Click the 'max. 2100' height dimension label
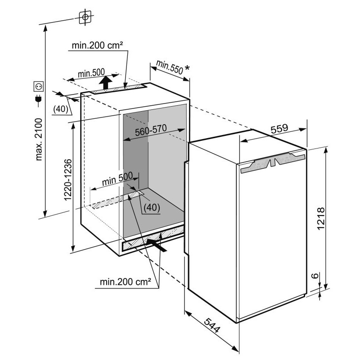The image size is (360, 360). pos(39,139)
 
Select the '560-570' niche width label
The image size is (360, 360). pos(151,130)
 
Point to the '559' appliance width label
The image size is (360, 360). pos(279,129)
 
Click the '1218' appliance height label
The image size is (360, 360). pos(320,218)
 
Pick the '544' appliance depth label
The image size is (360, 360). pos(212,325)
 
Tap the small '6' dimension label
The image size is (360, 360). pos(316,275)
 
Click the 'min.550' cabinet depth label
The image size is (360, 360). pos(170,67)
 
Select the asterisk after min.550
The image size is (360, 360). pos(187,68)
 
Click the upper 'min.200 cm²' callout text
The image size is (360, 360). pos(97,45)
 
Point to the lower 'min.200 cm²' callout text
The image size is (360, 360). pos(126,282)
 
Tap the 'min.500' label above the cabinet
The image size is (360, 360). pos(91,73)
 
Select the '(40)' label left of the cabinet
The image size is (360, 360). pos(61,109)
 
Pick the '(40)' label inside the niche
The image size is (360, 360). pos(152,207)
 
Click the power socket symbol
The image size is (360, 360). pos(39,86)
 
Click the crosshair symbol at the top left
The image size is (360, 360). pos(85,17)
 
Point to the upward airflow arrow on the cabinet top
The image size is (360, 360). pos(106,83)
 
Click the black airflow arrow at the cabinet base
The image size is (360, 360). pos(156,245)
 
